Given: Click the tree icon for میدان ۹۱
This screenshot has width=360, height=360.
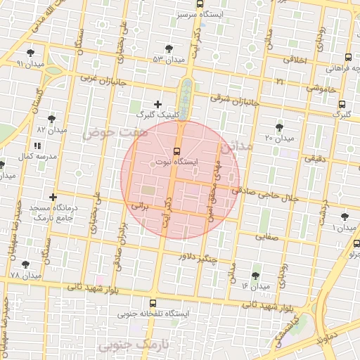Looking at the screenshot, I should coord(30,53).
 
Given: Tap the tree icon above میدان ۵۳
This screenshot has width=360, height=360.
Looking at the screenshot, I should coord(168,49).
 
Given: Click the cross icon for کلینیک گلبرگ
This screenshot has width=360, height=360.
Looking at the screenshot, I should coord(157,105).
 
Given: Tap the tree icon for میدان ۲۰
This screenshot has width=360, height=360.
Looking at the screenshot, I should coord(280,127).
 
